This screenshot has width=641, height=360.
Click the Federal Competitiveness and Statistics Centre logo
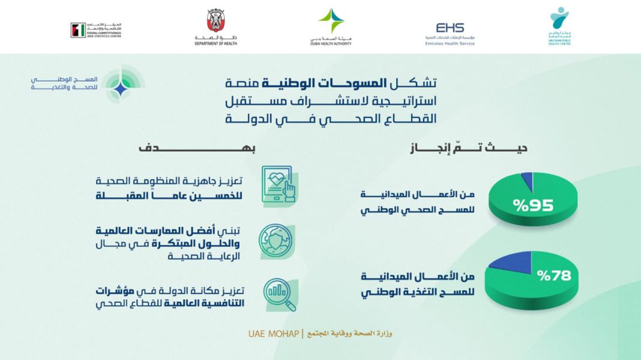[95, 30]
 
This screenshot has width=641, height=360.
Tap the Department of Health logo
[215, 26]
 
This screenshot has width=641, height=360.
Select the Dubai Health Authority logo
[331, 26]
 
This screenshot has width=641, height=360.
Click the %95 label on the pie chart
[532, 206]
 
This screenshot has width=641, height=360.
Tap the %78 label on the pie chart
[553, 277]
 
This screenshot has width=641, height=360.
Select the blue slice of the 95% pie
[526, 179]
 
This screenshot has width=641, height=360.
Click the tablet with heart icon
[278, 187]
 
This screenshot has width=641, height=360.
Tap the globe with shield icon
[276, 240]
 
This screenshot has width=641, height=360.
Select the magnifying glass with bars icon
[279, 295]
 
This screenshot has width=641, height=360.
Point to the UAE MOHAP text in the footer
[272, 333]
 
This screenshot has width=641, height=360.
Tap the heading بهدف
[157, 148]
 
